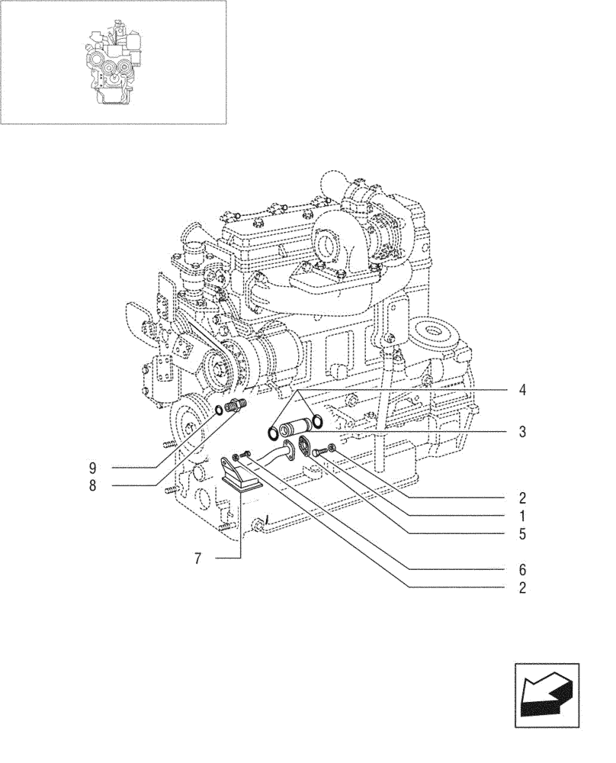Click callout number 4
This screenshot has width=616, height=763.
point(522,391)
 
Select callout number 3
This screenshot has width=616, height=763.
point(522,432)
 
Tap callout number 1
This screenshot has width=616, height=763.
point(522,517)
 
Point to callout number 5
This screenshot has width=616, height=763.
point(522,534)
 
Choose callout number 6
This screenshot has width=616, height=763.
point(522,570)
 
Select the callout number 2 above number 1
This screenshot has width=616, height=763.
point(522,499)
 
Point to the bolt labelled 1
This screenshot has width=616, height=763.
point(318,453)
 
